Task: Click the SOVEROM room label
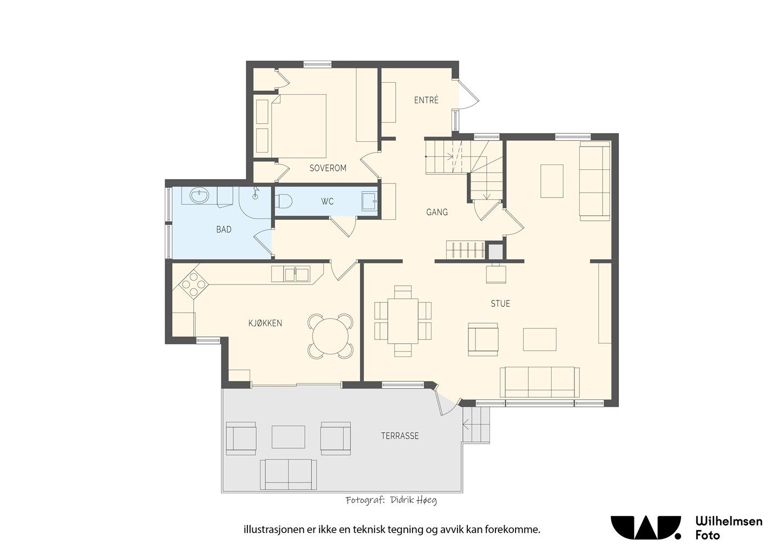(x=328, y=168)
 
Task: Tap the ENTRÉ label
(x=426, y=101)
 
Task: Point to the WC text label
(x=327, y=201)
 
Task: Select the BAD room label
(x=224, y=229)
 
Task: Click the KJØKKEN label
(x=265, y=323)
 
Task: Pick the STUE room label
(x=500, y=304)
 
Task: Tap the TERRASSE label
(x=400, y=436)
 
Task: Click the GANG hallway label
(x=437, y=212)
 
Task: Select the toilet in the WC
(x=284, y=201)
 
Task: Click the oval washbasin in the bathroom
(x=199, y=195)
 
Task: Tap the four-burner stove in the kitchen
(x=193, y=284)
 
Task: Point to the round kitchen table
(x=330, y=336)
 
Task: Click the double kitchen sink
(x=297, y=274)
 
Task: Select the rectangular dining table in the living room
(x=403, y=321)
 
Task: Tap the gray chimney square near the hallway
(x=495, y=252)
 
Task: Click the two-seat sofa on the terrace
(x=288, y=474)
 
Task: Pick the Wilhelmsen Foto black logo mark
(x=646, y=528)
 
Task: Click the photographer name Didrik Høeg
(x=413, y=500)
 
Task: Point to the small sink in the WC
(x=369, y=201)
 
